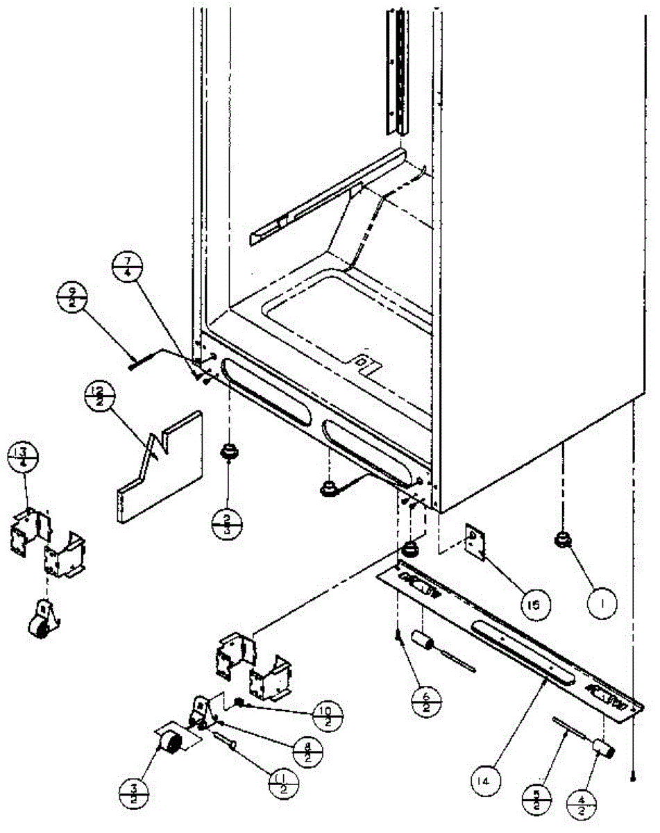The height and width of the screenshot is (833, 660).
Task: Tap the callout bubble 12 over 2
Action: point(98,396)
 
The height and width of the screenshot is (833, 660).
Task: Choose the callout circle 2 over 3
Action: point(226,520)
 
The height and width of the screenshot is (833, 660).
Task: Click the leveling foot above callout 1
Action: point(561,539)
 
